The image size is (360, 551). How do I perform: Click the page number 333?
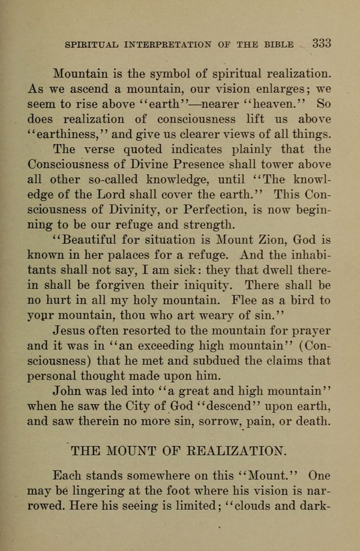tap(321, 43)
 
